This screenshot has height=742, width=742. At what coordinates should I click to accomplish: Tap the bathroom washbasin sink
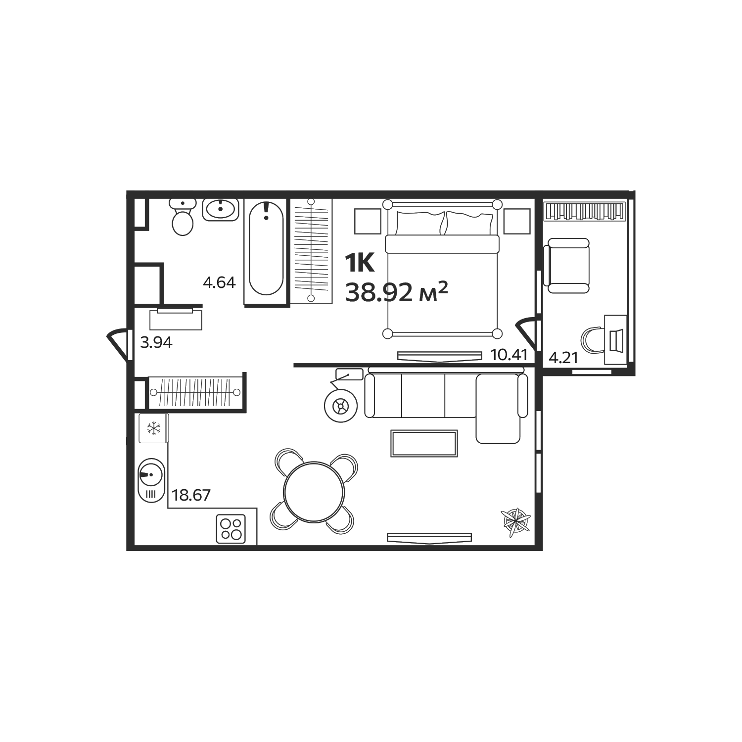coord(221,209)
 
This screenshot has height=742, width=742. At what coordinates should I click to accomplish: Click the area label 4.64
coord(219,282)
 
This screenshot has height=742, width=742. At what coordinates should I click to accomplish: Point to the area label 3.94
coord(156,342)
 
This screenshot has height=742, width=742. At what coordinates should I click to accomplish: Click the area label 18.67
coord(191,495)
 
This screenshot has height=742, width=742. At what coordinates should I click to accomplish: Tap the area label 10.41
coord(509,355)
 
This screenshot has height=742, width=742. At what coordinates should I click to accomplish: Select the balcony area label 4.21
coord(563,358)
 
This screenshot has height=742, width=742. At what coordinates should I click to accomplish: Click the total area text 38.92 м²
coord(396,293)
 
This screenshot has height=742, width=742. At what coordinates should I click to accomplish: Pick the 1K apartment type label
coord(360,263)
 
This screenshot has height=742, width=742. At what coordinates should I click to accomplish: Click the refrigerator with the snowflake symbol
coord(154,428)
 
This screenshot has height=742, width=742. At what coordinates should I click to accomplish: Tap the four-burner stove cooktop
coord(231,529)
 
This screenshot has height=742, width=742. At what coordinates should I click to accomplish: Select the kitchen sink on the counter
coord(151,480)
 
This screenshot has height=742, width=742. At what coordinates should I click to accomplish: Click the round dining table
coord(314,492)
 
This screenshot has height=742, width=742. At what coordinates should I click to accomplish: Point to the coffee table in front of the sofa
coord(424,443)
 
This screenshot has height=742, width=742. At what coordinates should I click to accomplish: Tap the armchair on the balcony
coord(566,266)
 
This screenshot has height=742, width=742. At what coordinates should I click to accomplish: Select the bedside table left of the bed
coord(368,221)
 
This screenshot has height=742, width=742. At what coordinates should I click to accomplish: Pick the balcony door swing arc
coord(526,329)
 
